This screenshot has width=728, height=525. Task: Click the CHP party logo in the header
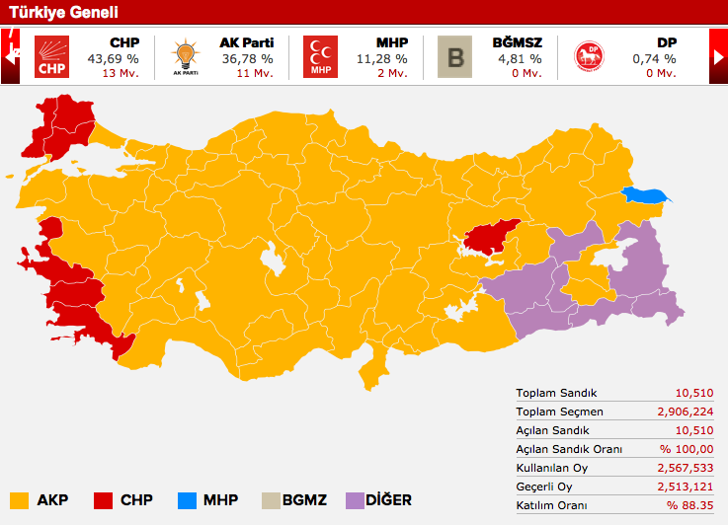tap(49, 57)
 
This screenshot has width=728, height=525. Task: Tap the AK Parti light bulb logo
tap(185, 57)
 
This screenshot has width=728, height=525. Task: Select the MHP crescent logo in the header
tap(320, 57)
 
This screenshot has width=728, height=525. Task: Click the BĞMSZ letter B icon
tap(454, 57)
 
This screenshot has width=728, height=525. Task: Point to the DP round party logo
tap(590, 57)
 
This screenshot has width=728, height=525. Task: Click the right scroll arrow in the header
tap(718, 57)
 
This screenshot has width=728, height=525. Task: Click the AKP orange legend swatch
tap(19, 499)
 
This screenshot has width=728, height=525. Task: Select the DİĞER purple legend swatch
tap(357, 499)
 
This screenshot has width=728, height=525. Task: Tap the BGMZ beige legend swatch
tap(272, 499)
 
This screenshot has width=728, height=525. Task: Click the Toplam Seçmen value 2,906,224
tap(683, 412)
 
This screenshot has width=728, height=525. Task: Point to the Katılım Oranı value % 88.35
tap(688, 505)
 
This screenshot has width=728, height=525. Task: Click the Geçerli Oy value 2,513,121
tap(683, 487)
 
